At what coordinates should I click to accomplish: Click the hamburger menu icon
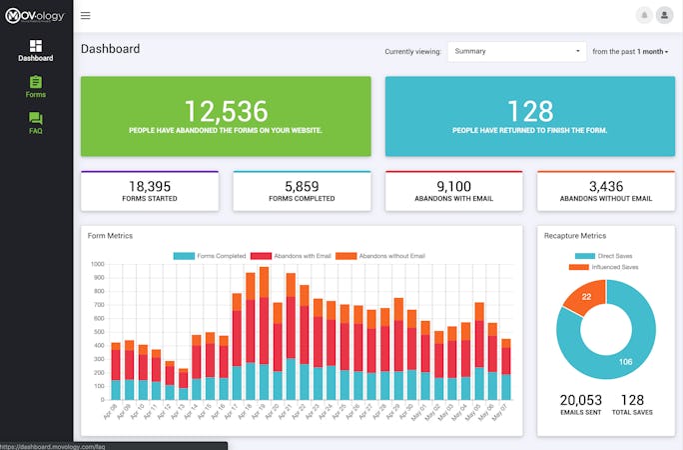[x=85, y=15]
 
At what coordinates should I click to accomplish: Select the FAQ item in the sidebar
[x=36, y=123]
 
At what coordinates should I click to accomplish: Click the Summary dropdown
[x=516, y=51]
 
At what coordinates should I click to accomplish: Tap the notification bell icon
[x=644, y=15]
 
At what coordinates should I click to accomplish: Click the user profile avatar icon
[x=664, y=15]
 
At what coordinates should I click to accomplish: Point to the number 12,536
[x=225, y=109]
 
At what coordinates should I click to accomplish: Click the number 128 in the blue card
[x=529, y=109]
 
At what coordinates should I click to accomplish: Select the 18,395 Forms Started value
[x=149, y=186]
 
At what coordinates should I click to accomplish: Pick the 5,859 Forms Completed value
[x=302, y=186]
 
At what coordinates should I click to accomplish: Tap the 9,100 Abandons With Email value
[x=453, y=186]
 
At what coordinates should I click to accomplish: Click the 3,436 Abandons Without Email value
[x=605, y=186]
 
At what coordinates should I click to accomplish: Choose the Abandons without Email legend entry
[x=380, y=256]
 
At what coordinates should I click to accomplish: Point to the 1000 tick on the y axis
[x=97, y=265]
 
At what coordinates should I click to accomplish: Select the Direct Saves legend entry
[x=604, y=257]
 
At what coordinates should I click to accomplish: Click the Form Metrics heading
[x=110, y=236]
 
